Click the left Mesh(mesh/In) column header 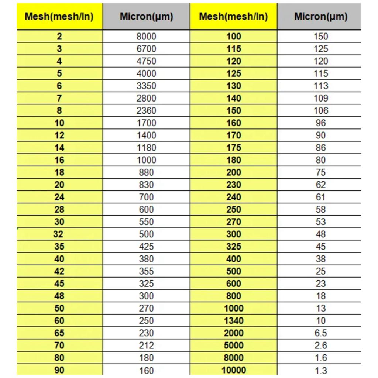59,17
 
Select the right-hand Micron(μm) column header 320,17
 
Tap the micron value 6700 146,49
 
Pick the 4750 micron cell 146,61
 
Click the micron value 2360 146,110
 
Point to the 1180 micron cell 146,148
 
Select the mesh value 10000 234,370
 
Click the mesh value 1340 234,320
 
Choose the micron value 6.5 320,333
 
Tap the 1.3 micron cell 320,370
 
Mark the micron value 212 146,345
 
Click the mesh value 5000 234,345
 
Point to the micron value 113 320,86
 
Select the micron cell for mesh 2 146,36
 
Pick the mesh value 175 234,148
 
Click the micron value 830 146,185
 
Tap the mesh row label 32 59,234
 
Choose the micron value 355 146,271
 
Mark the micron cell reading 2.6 320,345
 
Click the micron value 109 320,98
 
